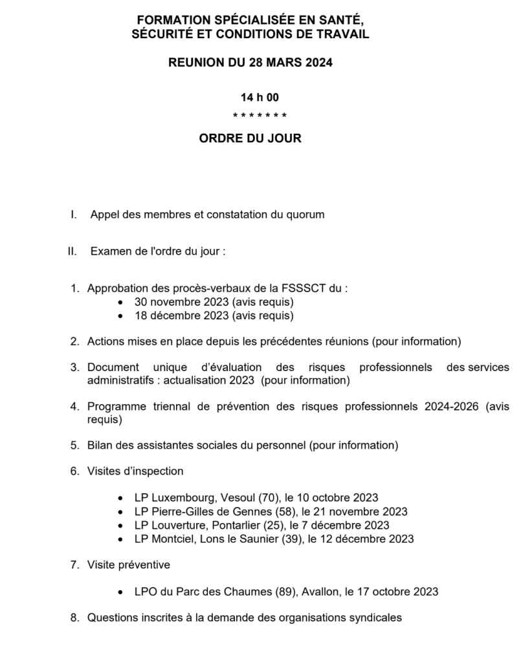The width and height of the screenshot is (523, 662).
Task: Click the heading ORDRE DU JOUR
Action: click(x=250, y=138)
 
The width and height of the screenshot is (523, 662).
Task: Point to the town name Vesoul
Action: click(x=238, y=498)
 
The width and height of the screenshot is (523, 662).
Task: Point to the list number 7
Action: click(x=74, y=565)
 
